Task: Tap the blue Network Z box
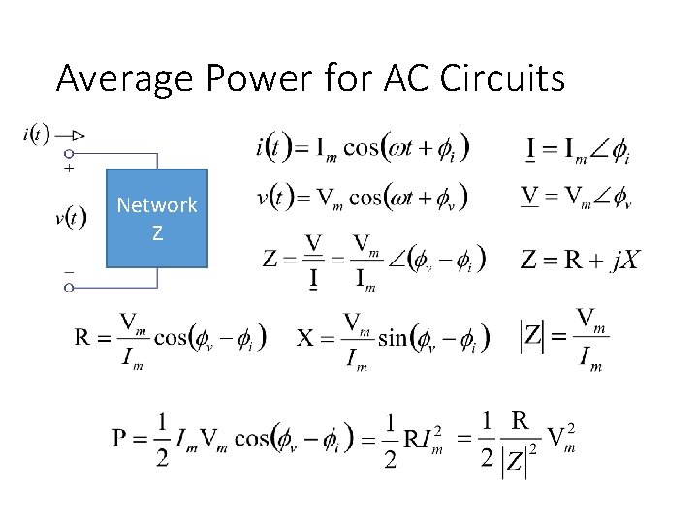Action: pyautogui.click(x=157, y=218)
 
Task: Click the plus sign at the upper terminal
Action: pyautogui.click(x=69, y=169)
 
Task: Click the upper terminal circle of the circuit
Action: pyautogui.click(x=69, y=153)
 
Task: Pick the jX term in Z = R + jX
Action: pyautogui.click(x=622, y=260)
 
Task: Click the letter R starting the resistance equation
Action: pyautogui.click(x=83, y=337)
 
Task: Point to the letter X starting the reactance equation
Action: pyautogui.click(x=305, y=337)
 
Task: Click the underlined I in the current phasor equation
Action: pyautogui.click(x=531, y=150)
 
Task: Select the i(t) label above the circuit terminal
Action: pyautogui.click(x=31, y=134)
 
